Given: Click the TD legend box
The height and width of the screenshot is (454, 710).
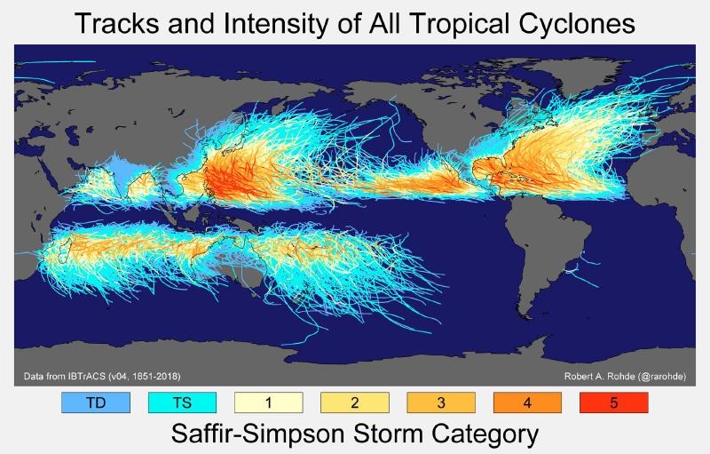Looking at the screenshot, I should click(x=96, y=402).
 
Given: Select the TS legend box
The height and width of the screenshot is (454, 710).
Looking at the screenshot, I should click(x=181, y=402).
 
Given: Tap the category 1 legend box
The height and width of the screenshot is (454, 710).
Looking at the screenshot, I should click(x=268, y=402).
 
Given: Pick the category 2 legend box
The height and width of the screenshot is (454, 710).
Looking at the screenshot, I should click(x=354, y=402).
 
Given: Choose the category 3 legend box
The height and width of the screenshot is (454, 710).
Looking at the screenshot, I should click(x=441, y=402).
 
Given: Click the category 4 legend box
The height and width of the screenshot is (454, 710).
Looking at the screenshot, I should click(x=527, y=402).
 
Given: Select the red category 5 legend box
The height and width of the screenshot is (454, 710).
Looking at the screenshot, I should click(x=614, y=402).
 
